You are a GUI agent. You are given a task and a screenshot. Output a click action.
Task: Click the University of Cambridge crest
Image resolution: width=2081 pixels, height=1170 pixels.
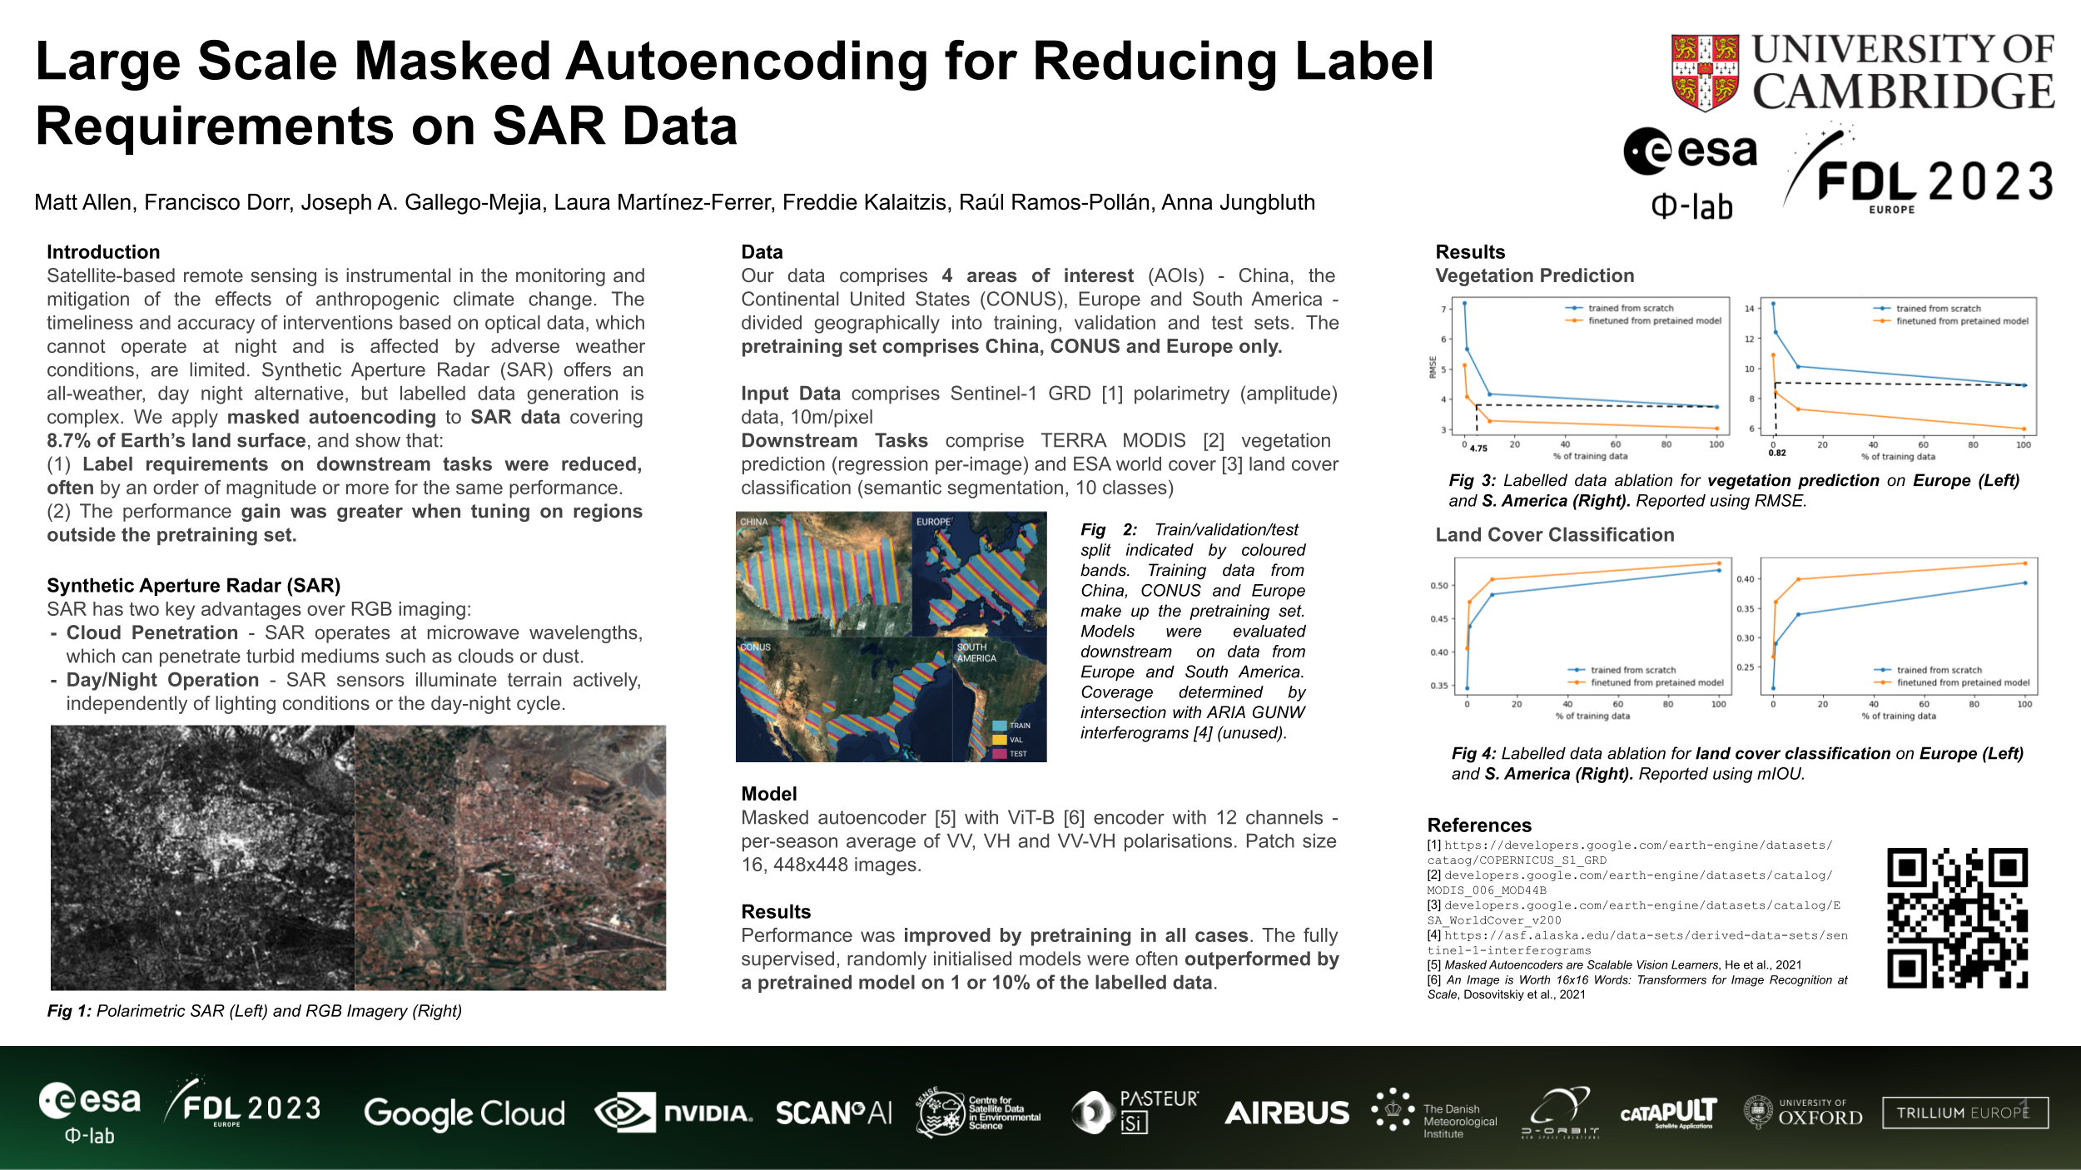[x=1705, y=72]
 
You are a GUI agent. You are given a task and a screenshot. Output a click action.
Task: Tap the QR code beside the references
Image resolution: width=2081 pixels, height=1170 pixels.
[x=1957, y=918]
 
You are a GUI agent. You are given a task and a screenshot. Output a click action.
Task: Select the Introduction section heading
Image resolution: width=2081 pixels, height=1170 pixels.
[x=103, y=252]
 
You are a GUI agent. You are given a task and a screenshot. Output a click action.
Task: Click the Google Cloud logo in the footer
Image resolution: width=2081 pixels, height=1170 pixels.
[x=464, y=1113]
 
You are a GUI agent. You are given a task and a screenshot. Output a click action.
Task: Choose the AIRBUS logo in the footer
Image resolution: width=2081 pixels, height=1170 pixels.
[x=1286, y=1113]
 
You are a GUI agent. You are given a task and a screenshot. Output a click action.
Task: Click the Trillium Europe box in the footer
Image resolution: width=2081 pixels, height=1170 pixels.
[x=1964, y=1113]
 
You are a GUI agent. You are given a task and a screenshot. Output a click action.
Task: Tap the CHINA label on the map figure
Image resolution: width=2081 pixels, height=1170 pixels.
[x=754, y=523]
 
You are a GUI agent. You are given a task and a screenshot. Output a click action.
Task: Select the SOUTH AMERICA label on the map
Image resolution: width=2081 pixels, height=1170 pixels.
[x=976, y=652]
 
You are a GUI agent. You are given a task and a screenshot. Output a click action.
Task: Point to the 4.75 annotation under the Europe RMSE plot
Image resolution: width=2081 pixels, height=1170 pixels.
[x=1478, y=449]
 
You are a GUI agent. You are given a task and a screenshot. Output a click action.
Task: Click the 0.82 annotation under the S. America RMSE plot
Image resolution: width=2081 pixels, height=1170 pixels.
[x=1777, y=453]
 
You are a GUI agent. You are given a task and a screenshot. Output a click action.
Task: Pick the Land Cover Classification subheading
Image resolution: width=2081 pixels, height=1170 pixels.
[x=1554, y=535]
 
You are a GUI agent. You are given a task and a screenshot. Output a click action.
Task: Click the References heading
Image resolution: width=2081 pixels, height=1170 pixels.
[x=1479, y=825]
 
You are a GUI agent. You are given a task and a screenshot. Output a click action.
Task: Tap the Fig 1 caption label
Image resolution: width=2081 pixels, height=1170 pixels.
[x=70, y=1011]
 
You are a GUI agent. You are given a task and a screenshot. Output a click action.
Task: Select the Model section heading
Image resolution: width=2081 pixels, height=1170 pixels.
[x=769, y=794]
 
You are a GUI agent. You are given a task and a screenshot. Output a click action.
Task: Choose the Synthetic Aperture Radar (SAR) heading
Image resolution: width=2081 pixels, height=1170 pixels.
[x=193, y=586]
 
